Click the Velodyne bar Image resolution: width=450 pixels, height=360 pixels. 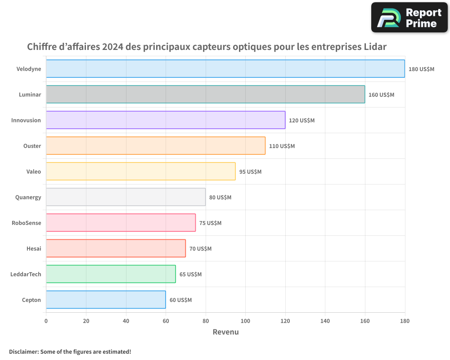tap(225, 69)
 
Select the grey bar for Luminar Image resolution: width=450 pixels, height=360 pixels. tap(205, 94)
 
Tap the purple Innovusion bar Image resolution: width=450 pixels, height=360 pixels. tap(166, 120)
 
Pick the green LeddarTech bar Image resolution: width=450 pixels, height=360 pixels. tap(111, 274)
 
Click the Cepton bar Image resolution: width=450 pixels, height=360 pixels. tap(106, 300)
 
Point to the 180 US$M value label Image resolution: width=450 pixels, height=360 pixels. tap(421, 69)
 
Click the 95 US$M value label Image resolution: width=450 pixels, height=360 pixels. tap(250, 172)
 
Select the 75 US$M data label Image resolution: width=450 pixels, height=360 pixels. tap(211, 223)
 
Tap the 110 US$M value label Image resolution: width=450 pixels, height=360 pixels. tap(282, 146)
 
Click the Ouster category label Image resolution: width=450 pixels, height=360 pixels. tap(32, 146)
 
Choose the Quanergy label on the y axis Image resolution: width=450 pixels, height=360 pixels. tap(28, 197)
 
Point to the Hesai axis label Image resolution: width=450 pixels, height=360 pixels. tap(34, 248)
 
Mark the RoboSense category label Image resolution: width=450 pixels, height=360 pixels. tap(26, 223)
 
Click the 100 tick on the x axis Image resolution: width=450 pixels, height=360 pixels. tap(245, 321)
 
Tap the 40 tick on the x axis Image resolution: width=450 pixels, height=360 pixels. tap(126, 321)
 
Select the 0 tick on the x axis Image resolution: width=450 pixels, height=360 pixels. tap(46, 321)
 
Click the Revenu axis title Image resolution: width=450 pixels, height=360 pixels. tap(225, 332)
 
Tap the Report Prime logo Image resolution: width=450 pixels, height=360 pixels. tap(409, 18)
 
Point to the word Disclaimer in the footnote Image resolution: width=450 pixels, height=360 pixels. tap(23, 351)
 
